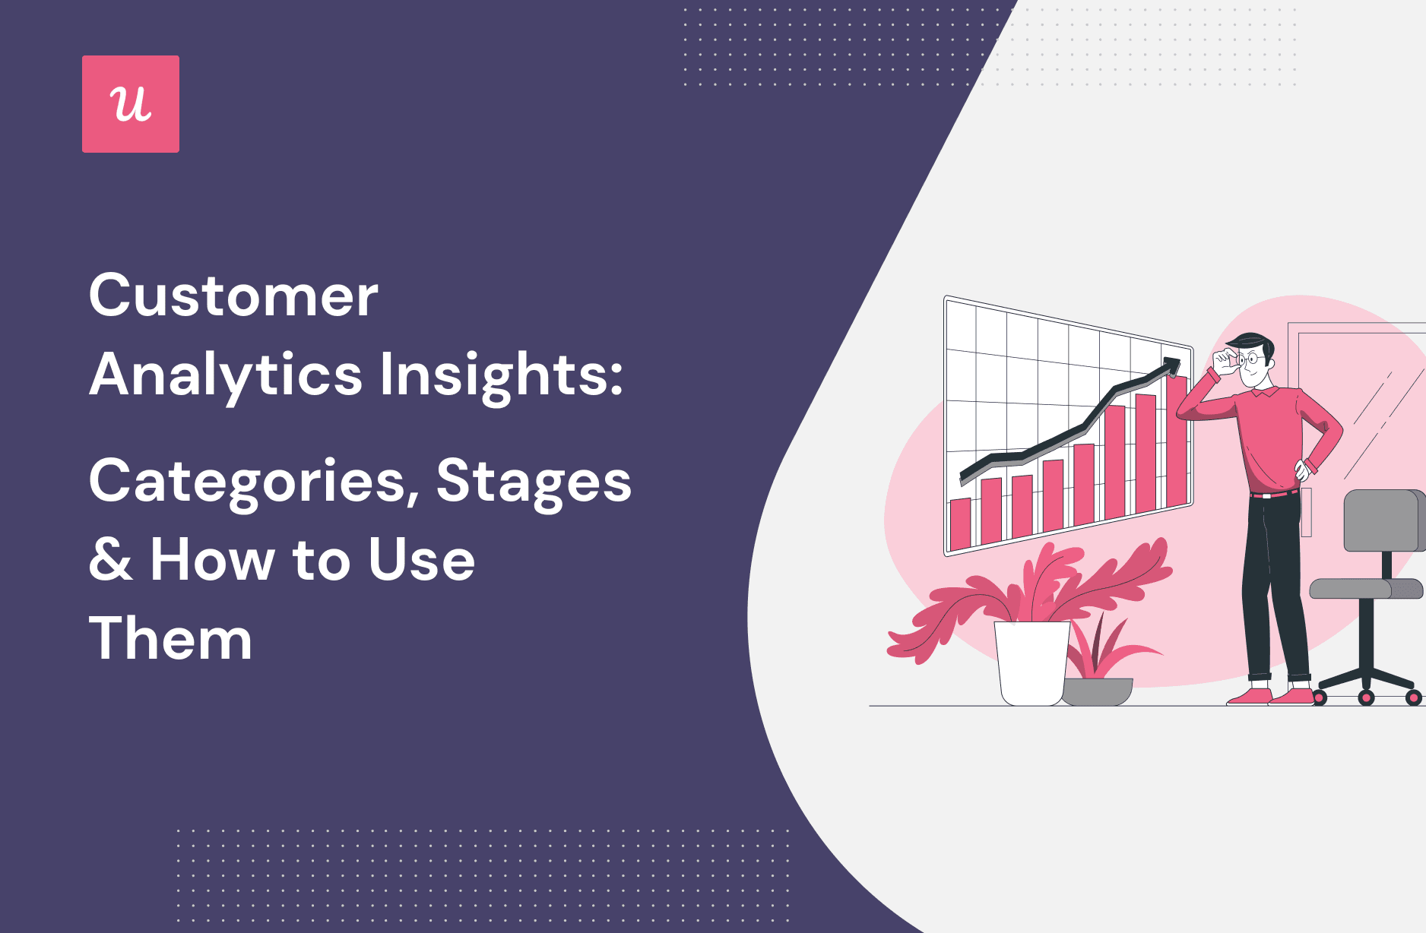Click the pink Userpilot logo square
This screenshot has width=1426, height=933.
(x=131, y=104)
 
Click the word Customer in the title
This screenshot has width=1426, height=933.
(x=233, y=296)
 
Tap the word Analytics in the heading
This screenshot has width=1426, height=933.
(x=226, y=375)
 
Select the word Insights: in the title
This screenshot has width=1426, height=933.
(x=501, y=375)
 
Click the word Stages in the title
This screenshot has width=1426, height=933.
(x=534, y=482)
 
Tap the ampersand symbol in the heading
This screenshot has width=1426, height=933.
(x=110, y=560)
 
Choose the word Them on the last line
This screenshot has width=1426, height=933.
(x=170, y=639)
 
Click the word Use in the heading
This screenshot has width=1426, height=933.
(x=421, y=560)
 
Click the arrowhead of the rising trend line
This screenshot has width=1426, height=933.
(x=1171, y=364)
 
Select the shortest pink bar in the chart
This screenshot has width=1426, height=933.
(x=961, y=523)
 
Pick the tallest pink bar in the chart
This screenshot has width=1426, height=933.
(x=1177, y=441)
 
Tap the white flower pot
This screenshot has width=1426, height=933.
(x=1031, y=661)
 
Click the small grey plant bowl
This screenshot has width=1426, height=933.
(x=1097, y=691)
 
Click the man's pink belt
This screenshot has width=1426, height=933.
(x=1275, y=494)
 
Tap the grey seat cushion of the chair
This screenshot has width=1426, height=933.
(x=1365, y=589)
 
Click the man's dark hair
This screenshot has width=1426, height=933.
(x=1251, y=342)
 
